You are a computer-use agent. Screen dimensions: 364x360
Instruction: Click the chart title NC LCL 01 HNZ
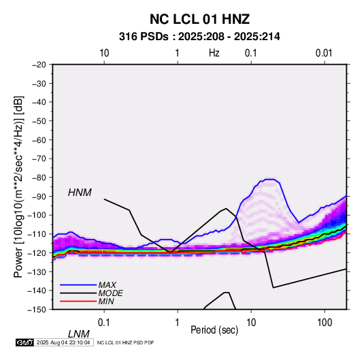point(199,19)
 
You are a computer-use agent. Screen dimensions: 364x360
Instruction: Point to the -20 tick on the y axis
point(39,65)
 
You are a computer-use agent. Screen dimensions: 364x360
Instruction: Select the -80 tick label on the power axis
point(39,178)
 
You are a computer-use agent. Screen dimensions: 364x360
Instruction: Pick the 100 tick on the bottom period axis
point(325,322)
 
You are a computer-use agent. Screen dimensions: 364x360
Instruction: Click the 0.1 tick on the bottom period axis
point(104,322)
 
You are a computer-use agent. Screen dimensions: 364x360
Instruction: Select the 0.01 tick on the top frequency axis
point(324,53)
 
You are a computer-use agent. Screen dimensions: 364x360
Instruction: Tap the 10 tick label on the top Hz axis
point(104,53)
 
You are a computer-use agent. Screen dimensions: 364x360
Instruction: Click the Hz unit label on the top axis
point(214,53)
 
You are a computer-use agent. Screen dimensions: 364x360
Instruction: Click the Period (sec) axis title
point(214,330)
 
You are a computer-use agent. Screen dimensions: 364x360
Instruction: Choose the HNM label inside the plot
point(80,193)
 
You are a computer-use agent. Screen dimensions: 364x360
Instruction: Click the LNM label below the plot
point(78,334)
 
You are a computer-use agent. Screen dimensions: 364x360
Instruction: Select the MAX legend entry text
point(107,285)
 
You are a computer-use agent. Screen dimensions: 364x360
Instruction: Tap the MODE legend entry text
point(110,293)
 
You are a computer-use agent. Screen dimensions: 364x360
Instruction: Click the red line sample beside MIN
point(78,301)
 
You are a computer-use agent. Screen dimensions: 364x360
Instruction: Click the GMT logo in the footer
point(24,342)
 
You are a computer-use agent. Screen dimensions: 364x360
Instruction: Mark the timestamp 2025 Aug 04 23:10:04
point(63,342)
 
